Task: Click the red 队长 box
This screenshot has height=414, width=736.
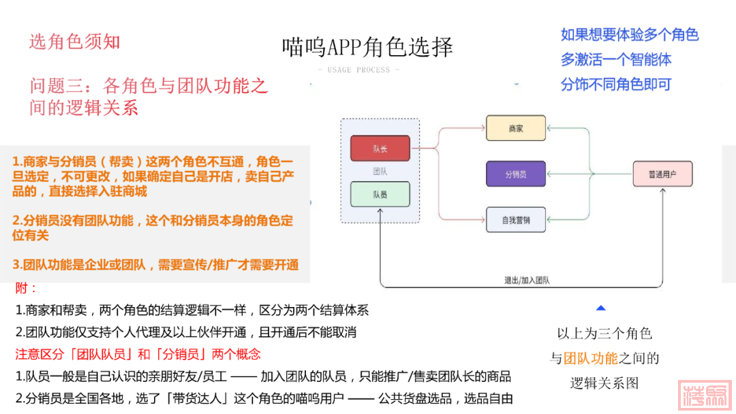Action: (380, 148)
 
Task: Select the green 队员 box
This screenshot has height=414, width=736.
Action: (380, 194)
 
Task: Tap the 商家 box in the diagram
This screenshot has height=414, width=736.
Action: (516, 128)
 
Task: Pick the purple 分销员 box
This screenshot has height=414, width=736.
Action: (516, 174)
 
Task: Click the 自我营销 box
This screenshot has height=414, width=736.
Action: (516, 219)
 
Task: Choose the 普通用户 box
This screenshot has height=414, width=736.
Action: (662, 174)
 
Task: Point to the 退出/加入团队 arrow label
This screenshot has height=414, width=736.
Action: (523, 280)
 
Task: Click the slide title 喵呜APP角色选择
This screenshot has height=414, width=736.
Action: (367, 47)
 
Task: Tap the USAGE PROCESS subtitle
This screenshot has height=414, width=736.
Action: (358, 70)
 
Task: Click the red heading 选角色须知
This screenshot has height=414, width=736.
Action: (74, 42)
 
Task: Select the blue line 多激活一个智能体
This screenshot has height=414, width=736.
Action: (616, 60)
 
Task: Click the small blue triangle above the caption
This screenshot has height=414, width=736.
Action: (600, 308)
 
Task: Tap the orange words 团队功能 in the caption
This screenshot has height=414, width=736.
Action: (591, 358)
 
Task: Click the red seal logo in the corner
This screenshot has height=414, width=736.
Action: (705, 394)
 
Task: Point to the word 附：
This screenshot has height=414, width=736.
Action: (27, 288)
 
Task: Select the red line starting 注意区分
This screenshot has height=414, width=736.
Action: (138, 355)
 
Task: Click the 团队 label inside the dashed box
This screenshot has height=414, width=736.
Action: (380, 172)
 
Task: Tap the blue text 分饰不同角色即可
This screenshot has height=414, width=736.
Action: (616, 84)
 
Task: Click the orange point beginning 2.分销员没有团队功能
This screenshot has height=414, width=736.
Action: (153, 227)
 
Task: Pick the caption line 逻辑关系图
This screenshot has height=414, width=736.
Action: (604, 383)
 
